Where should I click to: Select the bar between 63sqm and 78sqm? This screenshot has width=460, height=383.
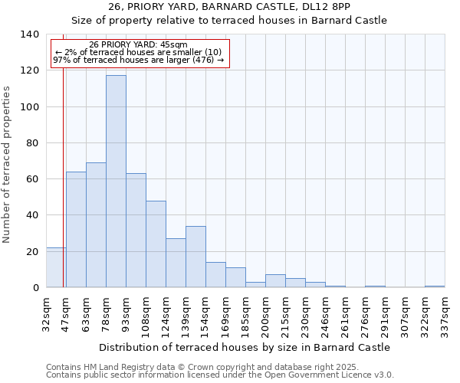pos(96,225)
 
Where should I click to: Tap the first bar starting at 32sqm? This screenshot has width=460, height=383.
pos(56,268)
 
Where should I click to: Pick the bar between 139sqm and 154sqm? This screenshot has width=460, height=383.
pos(195,257)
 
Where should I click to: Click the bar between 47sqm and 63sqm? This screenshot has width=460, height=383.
pos(76,230)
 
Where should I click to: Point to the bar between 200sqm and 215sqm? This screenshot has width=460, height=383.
pos(275,281)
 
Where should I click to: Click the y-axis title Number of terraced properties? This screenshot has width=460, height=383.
pos(8,165)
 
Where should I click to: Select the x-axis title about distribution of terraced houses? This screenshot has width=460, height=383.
pos(245,347)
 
